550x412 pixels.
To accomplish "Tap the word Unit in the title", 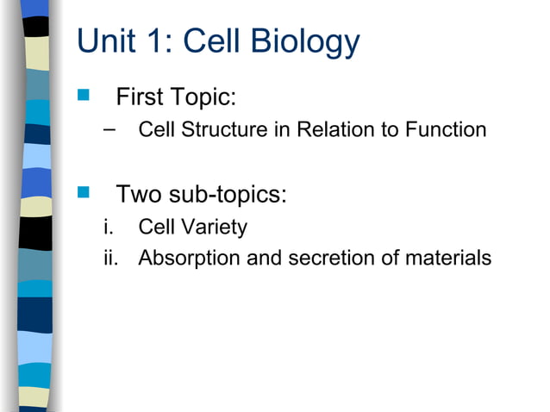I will [x=106, y=42].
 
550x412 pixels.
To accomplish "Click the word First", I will [x=142, y=97].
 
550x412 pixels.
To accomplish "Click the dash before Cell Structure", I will [x=107, y=128].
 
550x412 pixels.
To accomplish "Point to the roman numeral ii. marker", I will [x=110, y=258].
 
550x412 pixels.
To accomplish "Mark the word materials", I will [x=448, y=258].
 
